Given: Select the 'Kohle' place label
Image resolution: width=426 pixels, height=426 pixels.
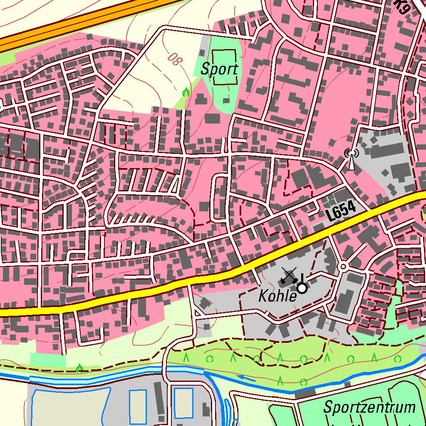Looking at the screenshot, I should click(x=277, y=296).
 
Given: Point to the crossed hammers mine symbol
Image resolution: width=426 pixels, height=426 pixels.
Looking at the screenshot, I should click(x=288, y=276).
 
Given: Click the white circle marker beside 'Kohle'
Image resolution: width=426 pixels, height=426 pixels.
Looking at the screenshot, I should click(x=302, y=288).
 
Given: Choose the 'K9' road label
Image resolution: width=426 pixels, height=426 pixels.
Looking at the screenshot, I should click(x=402, y=7).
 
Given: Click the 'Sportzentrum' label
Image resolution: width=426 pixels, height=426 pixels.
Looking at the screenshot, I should click(x=369, y=407).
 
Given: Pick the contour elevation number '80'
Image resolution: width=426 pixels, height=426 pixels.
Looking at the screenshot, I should click(x=176, y=60).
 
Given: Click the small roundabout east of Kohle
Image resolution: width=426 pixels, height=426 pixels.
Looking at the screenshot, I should click(x=343, y=266).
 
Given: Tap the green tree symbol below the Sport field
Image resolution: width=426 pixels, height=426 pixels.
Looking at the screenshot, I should click(x=186, y=92).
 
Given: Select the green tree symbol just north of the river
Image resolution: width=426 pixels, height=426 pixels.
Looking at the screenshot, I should click(x=79, y=367).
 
